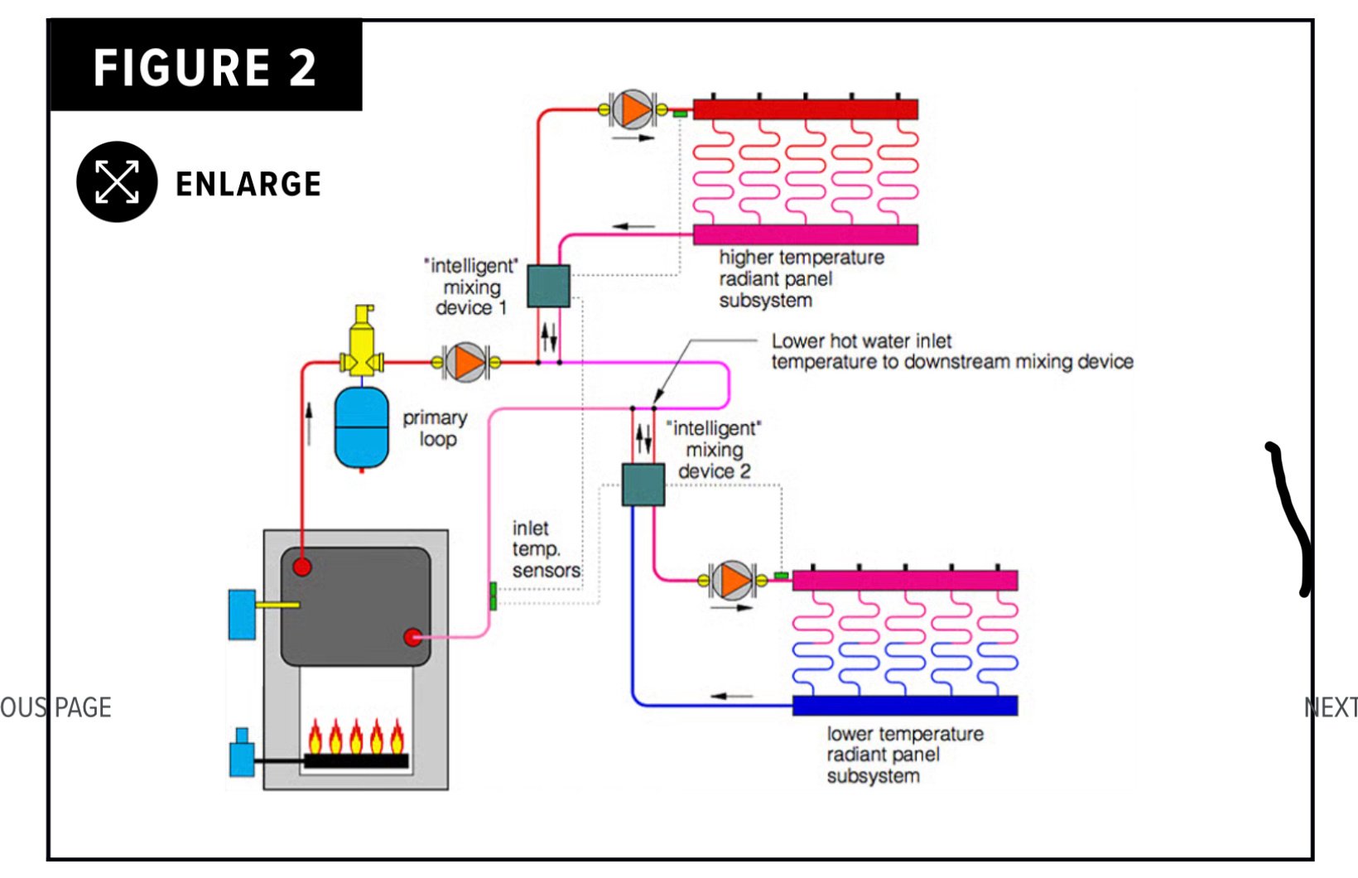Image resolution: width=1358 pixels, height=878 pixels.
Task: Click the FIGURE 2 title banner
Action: [x=205, y=66]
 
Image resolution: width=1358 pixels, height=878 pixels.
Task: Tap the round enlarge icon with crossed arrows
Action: [x=117, y=181]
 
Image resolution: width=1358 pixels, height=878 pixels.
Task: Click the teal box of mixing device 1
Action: [x=548, y=286]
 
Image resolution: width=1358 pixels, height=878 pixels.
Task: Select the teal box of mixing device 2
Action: [x=643, y=485]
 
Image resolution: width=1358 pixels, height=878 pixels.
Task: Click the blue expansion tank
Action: [x=361, y=427]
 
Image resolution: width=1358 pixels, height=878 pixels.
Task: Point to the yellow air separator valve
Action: [x=362, y=344]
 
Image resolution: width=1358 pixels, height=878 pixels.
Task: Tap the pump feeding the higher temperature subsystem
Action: [x=633, y=109]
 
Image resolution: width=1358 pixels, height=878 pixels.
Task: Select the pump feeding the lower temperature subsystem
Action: [x=733, y=580]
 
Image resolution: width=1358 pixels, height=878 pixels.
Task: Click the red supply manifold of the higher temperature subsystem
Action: [x=805, y=109]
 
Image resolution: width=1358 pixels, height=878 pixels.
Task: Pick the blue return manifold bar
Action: [x=904, y=706]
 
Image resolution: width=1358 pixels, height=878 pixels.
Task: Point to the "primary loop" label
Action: [x=436, y=428]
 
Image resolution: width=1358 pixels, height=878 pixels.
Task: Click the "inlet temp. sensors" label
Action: [x=546, y=549]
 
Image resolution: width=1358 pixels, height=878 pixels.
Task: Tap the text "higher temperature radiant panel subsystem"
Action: [x=801, y=279]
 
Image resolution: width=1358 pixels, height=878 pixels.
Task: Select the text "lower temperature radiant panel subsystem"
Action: [x=904, y=755]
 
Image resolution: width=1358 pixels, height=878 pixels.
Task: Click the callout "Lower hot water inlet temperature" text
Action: [x=951, y=351]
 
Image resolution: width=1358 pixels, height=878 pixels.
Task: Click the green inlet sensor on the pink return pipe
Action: [x=493, y=596]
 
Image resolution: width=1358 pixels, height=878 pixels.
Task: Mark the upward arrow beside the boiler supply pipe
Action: [x=310, y=423]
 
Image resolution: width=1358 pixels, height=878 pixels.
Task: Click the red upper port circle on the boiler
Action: [x=302, y=567]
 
